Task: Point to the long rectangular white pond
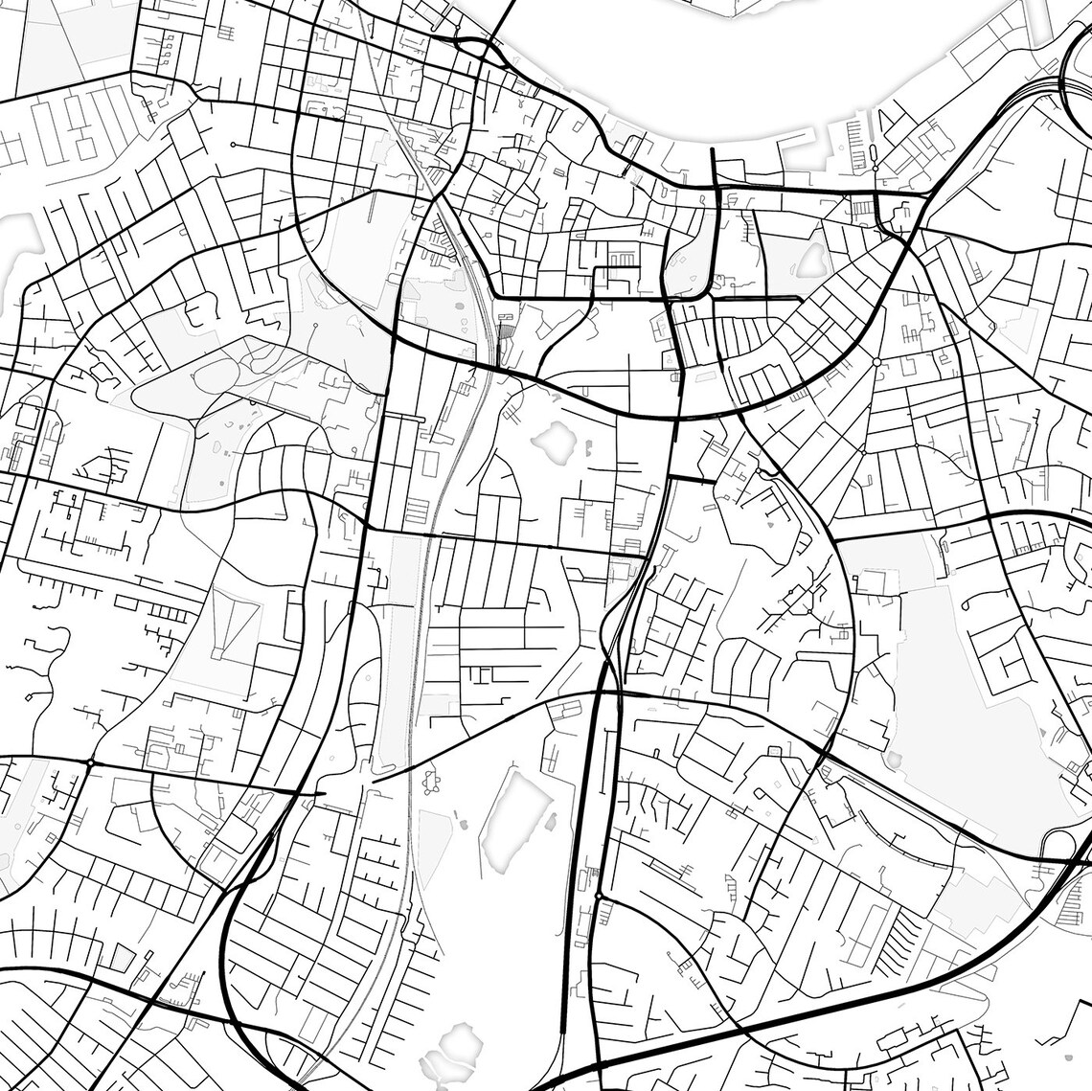tap(512, 814)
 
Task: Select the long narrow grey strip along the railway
tap(399, 651)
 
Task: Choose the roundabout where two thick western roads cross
tap(89, 762)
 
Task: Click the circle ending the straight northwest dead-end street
tap(233, 145)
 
